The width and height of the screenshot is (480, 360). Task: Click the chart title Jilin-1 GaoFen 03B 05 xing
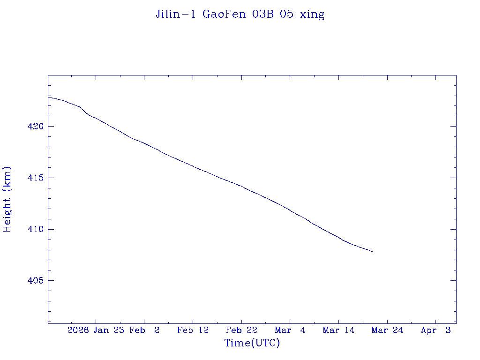240,14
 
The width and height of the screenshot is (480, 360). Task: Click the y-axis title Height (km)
7,199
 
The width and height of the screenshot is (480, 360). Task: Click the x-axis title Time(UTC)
252,343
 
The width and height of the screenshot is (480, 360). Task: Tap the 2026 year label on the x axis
78,330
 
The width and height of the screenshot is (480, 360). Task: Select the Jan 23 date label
108,330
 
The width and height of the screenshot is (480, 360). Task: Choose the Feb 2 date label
144,330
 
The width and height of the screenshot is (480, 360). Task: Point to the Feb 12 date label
193,330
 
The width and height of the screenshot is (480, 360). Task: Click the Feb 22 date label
241,330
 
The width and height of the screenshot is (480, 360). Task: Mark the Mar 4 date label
290,330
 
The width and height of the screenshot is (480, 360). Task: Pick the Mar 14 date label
338,330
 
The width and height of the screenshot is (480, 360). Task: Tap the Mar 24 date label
387,330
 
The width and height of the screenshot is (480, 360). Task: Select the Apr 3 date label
436,330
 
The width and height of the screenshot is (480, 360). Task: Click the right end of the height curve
372,252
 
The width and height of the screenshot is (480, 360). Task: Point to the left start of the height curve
49,97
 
